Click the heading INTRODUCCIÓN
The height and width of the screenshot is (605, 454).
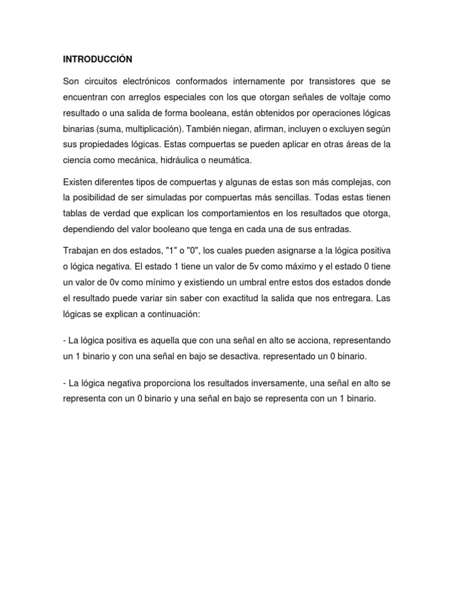click(x=98, y=59)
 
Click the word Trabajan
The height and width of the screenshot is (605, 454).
click(x=81, y=251)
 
